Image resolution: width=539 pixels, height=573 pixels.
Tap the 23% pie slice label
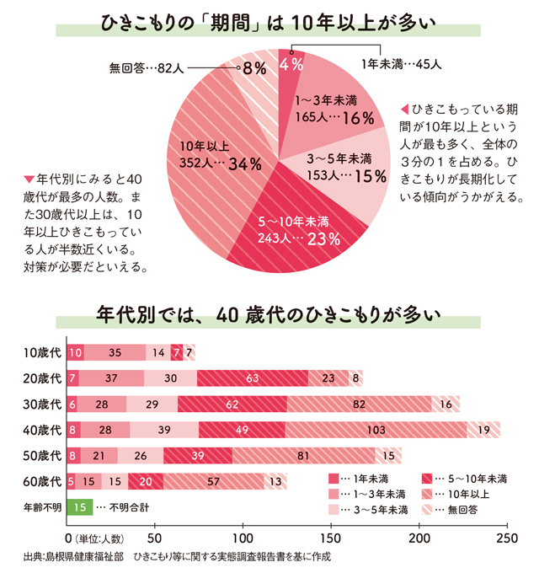323,239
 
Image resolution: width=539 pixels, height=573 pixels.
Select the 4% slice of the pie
291,64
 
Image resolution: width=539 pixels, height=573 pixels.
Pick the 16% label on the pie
357,119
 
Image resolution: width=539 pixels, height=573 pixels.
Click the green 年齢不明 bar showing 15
79,508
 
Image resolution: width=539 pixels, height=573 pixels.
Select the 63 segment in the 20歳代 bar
252,378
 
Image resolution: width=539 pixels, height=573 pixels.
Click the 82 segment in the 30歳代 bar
359,404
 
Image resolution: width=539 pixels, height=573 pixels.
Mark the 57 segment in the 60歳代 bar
213,482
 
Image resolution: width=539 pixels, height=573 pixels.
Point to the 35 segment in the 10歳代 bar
115,352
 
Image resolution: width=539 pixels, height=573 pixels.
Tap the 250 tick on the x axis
506,537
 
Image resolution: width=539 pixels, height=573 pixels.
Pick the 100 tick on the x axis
243,537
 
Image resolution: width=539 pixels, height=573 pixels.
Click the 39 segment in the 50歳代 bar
197,456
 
